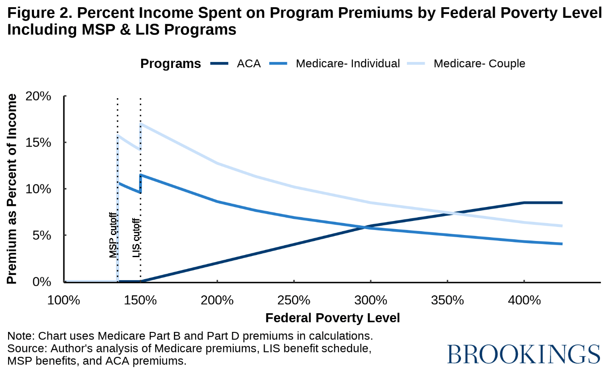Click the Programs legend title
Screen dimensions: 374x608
(x=170, y=64)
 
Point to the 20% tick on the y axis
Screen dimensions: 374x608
(x=38, y=96)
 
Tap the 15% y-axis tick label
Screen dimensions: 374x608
(x=38, y=143)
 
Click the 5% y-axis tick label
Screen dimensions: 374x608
(x=42, y=235)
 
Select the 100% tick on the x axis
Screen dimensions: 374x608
(x=64, y=300)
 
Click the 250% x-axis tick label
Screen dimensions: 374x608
(x=294, y=300)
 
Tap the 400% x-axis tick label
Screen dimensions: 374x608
(x=524, y=300)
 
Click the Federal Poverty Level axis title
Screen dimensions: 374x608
(x=332, y=318)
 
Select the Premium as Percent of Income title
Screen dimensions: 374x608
(x=12, y=189)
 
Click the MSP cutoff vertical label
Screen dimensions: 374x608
(x=113, y=235)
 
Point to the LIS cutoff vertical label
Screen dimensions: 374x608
(x=136, y=238)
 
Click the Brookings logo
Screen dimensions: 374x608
(x=523, y=354)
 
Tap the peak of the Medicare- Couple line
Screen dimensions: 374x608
(x=141, y=124)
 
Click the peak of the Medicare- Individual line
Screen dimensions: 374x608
(x=141, y=175)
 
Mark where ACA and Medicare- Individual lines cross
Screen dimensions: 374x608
(x=365, y=227)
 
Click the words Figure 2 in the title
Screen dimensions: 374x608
(x=39, y=13)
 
